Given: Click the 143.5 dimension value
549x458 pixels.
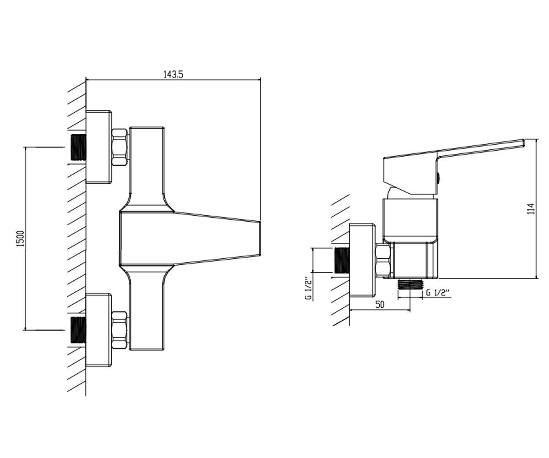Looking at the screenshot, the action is point(173,75).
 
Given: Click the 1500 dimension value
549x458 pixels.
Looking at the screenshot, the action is point(20,238).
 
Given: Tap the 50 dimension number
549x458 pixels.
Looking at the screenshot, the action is point(379,305).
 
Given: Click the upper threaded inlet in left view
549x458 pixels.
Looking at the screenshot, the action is point(78,147).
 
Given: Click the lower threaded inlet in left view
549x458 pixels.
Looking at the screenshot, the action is point(78,330).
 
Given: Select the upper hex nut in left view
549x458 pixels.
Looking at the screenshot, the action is point(119,147).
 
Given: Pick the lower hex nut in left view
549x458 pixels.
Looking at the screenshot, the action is point(119,330).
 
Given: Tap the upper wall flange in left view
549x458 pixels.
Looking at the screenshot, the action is point(99,147).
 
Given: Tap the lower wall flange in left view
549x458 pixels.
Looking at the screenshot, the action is point(99,330).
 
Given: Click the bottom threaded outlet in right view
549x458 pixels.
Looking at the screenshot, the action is point(410,284).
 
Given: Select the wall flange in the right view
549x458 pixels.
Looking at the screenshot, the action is point(362,260).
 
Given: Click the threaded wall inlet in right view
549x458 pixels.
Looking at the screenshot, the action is point(342,260).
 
